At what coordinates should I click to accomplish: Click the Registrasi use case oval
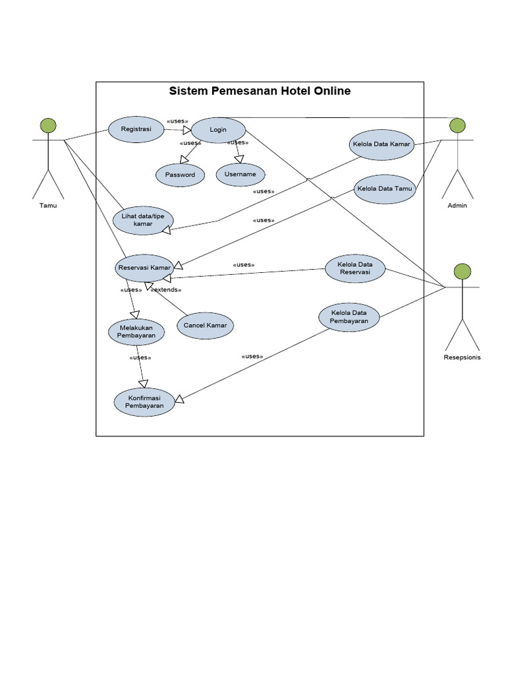tap(136, 129)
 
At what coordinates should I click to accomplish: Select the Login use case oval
tap(218, 130)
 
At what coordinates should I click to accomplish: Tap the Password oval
tap(180, 175)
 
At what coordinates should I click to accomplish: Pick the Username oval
tap(240, 174)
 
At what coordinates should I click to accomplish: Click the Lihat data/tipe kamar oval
tap(143, 220)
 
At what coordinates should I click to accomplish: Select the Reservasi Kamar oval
tap(144, 268)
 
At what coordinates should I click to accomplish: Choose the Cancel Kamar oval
tap(205, 326)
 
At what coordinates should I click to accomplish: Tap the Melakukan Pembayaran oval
tap(136, 331)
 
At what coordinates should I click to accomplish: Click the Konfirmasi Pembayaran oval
tap(144, 402)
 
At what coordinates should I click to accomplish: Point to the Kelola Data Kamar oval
tap(381, 144)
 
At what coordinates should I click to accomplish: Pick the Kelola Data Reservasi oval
tap(354, 269)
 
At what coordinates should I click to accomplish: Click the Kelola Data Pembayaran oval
tap(349, 316)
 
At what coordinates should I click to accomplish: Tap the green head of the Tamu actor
tap(47, 125)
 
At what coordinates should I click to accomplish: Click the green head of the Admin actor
tap(457, 125)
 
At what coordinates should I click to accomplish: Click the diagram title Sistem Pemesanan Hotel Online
tap(260, 91)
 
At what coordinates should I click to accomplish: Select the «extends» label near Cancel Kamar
tap(165, 289)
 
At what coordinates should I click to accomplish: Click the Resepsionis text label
tap(463, 358)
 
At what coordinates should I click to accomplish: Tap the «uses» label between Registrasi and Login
tap(177, 121)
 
